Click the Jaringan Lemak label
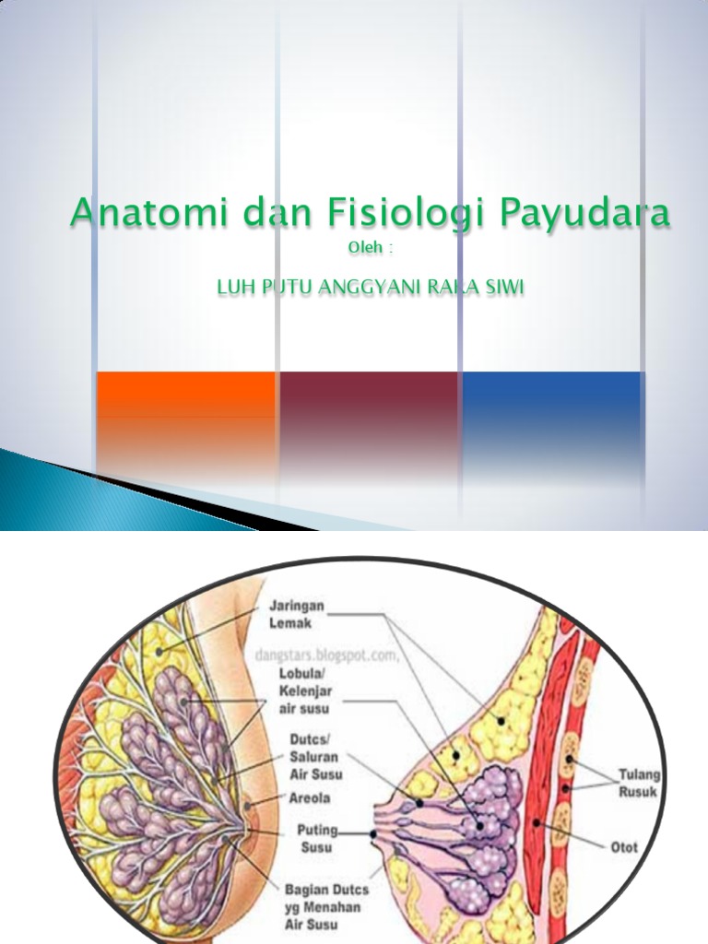pyautogui.click(x=292, y=615)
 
